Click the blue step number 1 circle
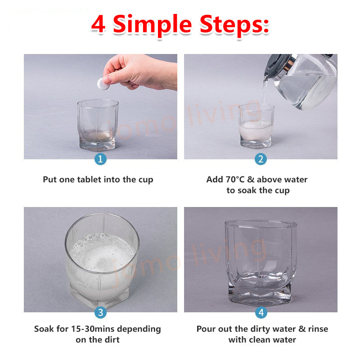(100, 159)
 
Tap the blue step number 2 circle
(261, 159)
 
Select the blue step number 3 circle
(100, 312)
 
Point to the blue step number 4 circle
(261, 312)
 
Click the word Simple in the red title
(152, 25)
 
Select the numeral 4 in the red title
(99, 24)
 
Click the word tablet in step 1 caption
(89, 179)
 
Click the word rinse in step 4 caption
(318, 329)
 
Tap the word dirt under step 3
(112, 340)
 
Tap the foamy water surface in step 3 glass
(102, 252)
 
